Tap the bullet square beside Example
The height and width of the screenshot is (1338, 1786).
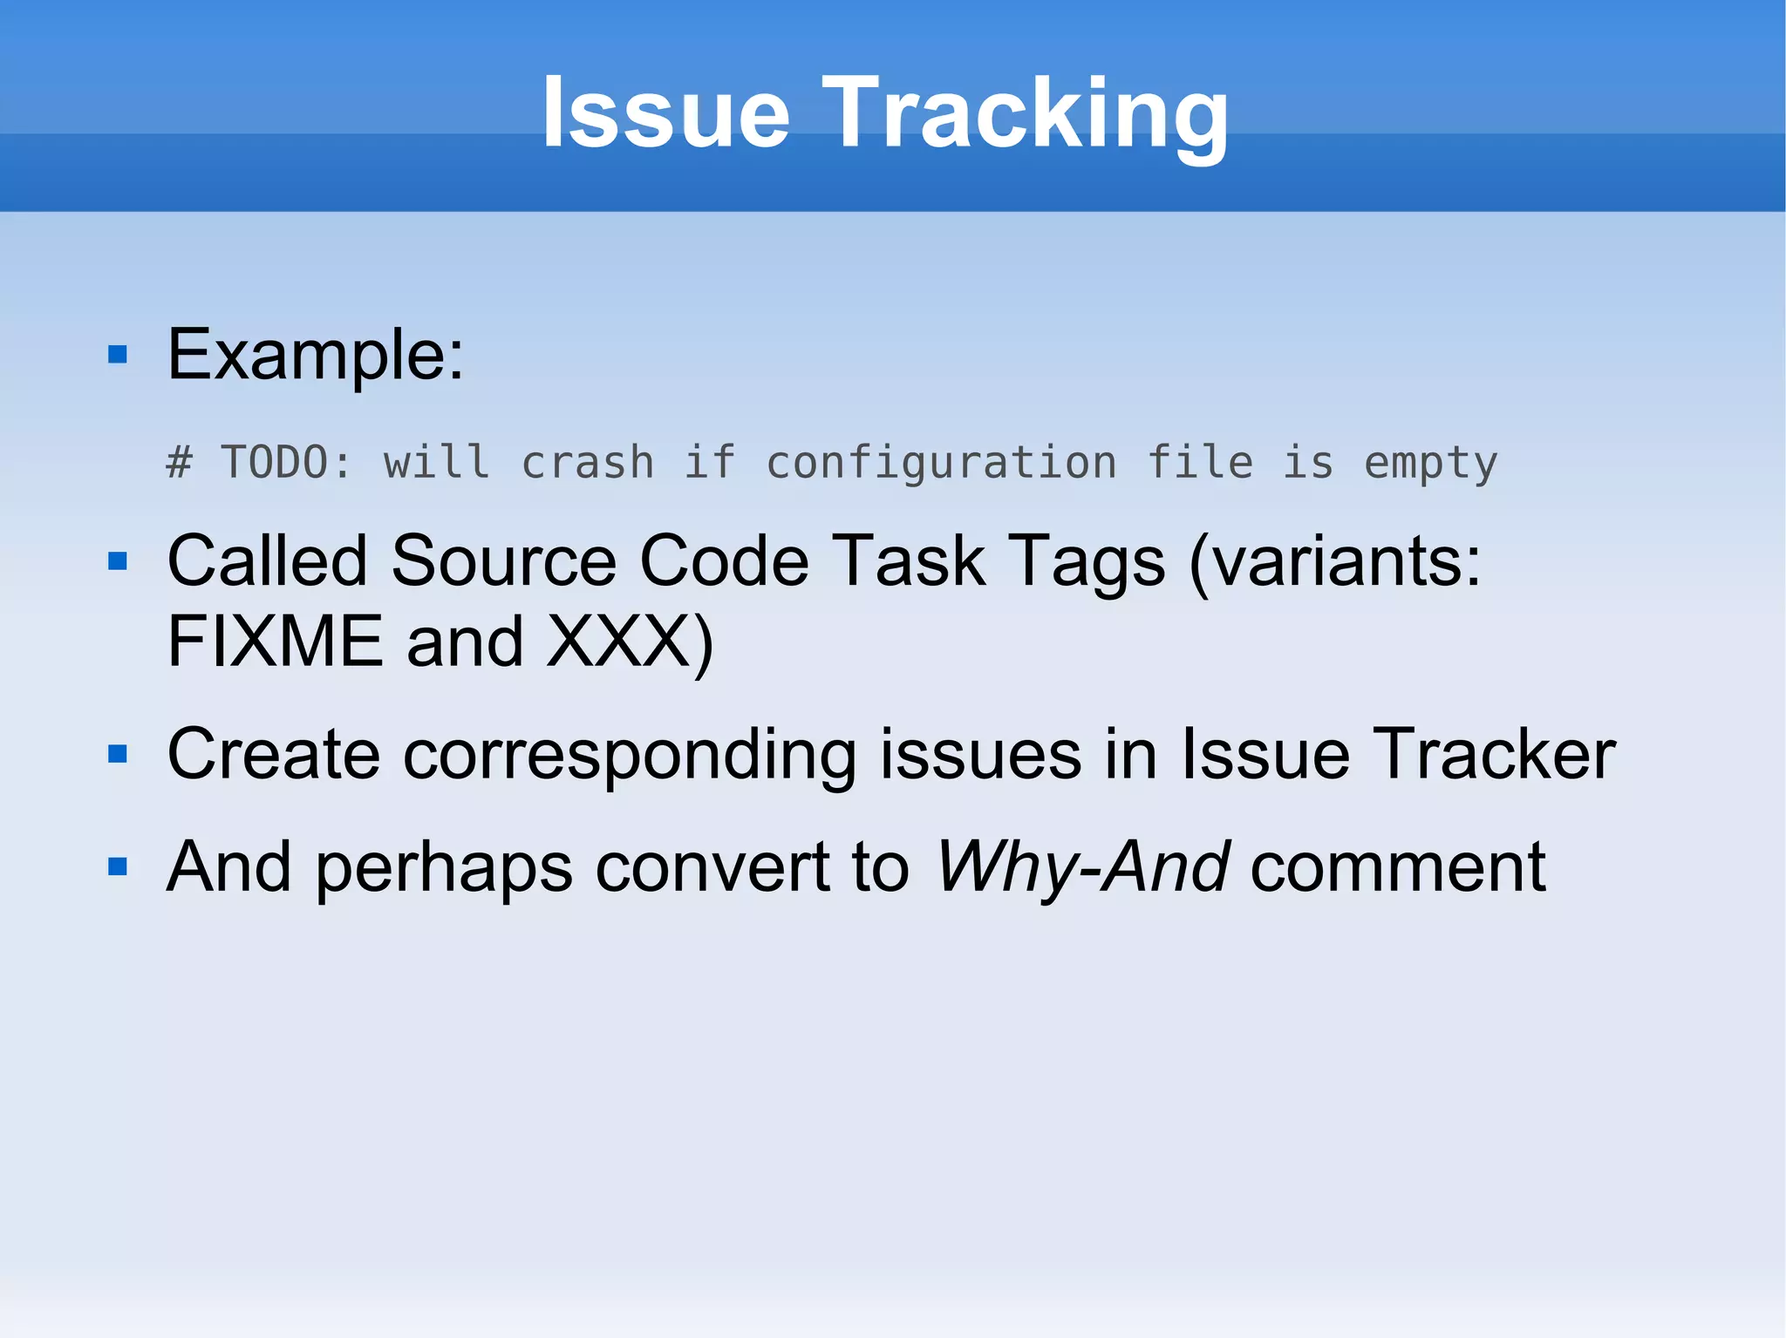[118, 355]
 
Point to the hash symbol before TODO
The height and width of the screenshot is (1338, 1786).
[179, 462]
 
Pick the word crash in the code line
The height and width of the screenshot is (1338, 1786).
[587, 462]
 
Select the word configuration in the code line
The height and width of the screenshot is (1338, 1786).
[941, 462]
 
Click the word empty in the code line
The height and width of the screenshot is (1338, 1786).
[1430, 462]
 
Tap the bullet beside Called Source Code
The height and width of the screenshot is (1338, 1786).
[118, 560]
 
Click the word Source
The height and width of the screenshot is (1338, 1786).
[504, 560]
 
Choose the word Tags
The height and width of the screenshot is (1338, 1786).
[1086, 562]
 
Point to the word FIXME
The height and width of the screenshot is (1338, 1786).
[275, 642]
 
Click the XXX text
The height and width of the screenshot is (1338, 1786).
[619, 642]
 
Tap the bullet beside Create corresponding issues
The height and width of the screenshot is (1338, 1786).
[118, 754]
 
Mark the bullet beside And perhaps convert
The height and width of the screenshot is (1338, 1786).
[118, 866]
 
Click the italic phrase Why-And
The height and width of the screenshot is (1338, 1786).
[1082, 867]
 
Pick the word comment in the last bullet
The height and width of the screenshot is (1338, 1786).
[1398, 867]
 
